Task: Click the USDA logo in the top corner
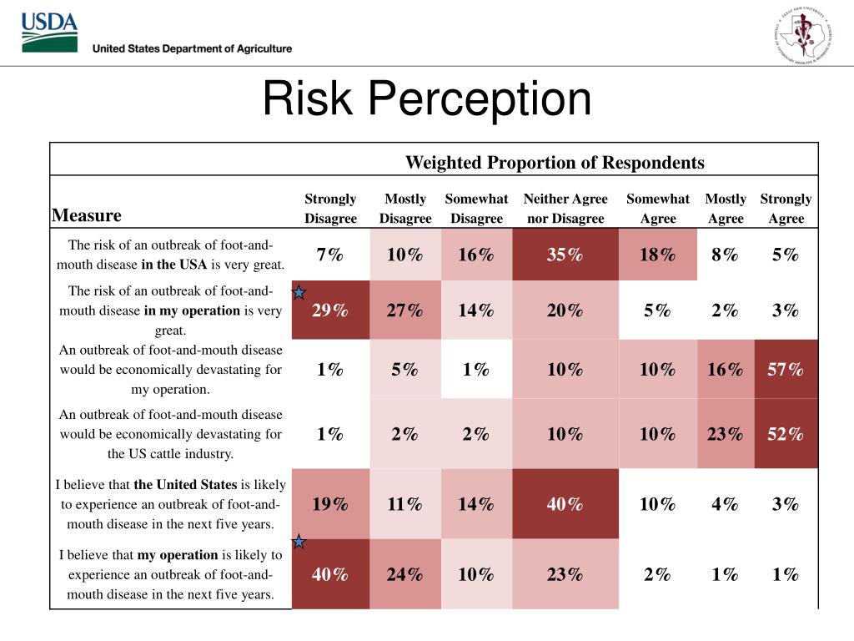[x=49, y=33]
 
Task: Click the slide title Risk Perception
[x=426, y=99]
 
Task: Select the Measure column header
[x=87, y=215]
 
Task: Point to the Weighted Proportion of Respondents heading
[x=555, y=162]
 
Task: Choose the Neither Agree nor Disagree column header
[x=565, y=209]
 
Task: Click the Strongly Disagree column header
[x=330, y=209]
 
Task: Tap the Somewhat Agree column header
[x=658, y=209]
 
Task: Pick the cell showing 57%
[x=786, y=369]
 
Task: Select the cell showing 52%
[x=786, y=434]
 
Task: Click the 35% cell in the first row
[x=565, y=255]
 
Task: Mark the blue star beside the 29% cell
[x=299, y=293]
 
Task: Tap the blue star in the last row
[x=299, y=543]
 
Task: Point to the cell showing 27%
[x=404, y=310]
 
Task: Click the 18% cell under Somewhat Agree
[x=657, y=255]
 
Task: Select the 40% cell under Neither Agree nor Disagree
[x=565, y=504]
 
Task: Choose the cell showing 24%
[x=404, y=574]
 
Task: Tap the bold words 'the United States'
[x=185, y=484]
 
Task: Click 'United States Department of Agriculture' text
[x=192, y=48]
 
